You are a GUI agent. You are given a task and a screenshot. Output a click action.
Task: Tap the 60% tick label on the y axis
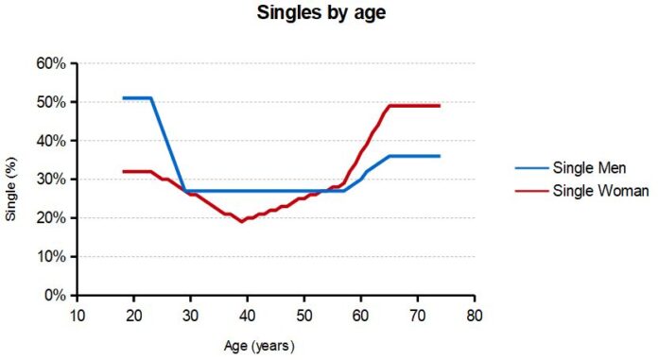tap(52, 63)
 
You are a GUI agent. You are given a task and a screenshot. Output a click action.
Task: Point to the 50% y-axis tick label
tap(52, 102)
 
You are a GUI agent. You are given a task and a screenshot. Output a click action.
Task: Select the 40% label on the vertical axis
tap(52, 141)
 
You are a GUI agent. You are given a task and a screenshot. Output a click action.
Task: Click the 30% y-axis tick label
tap(52, 180)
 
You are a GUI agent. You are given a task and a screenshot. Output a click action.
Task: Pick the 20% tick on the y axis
tap(52, 218)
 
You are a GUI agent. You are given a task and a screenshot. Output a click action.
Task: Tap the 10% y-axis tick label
tap(52, 257)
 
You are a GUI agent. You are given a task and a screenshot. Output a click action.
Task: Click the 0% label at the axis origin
tap(56, 296)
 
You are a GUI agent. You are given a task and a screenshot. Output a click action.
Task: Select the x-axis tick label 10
tap(78, 315)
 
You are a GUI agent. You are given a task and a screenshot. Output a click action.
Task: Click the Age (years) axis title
tap(265, 346)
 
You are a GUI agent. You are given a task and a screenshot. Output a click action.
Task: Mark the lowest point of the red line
tap(242, 221)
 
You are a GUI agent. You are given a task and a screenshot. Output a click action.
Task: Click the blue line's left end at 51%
tap(124, 97)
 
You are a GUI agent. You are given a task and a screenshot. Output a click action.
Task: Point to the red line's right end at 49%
tap(440, 106)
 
